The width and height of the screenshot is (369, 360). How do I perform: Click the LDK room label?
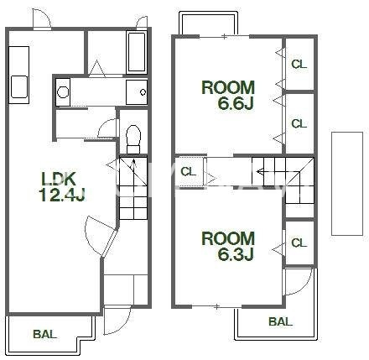pyautogui.click(x=59, y=179)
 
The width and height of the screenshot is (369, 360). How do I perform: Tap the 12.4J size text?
pyautogui.click(x=61, y=195)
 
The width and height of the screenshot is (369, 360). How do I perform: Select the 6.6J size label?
pyautogui.click(x=236, y=103)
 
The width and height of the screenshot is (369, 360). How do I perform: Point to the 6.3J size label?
pyautogui.click(x=236, y=254)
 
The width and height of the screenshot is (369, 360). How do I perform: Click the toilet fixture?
pyautogui.click(x=133, y=139)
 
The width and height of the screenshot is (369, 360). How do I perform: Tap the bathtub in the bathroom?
pyautogui.click(x=137, y=52)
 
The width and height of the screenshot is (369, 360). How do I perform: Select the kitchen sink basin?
pyautogui.click(x=19, y=86)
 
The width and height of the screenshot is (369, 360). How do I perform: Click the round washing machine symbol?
pyautogui.click(x=63, y=91)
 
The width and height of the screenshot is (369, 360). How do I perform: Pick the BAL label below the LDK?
pyautogui.click(x=45, y=334)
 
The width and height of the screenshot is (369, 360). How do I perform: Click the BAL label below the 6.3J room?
pyautogui.click(x=280, y=321)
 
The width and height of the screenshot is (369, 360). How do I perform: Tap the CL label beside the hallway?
pyautogui.click(x=189, y=171)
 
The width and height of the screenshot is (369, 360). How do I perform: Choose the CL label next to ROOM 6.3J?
pyautogui.click(x=299, y=243)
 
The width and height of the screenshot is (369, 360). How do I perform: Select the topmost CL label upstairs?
pyautogui.click(x=299, y=65)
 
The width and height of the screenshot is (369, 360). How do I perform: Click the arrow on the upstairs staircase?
pyautogui.click(x=279, y=171)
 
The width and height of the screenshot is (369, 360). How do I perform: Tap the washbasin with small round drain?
pyautogui.click(x=137, y=92)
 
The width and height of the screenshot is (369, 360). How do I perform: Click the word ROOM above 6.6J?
pyautogui.click(x=228, y=87)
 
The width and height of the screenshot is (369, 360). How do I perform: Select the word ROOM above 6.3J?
pyautogui.click(x=228, y=238)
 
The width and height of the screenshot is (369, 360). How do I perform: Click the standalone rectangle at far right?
pyautogui.click(x=347, y=184)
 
